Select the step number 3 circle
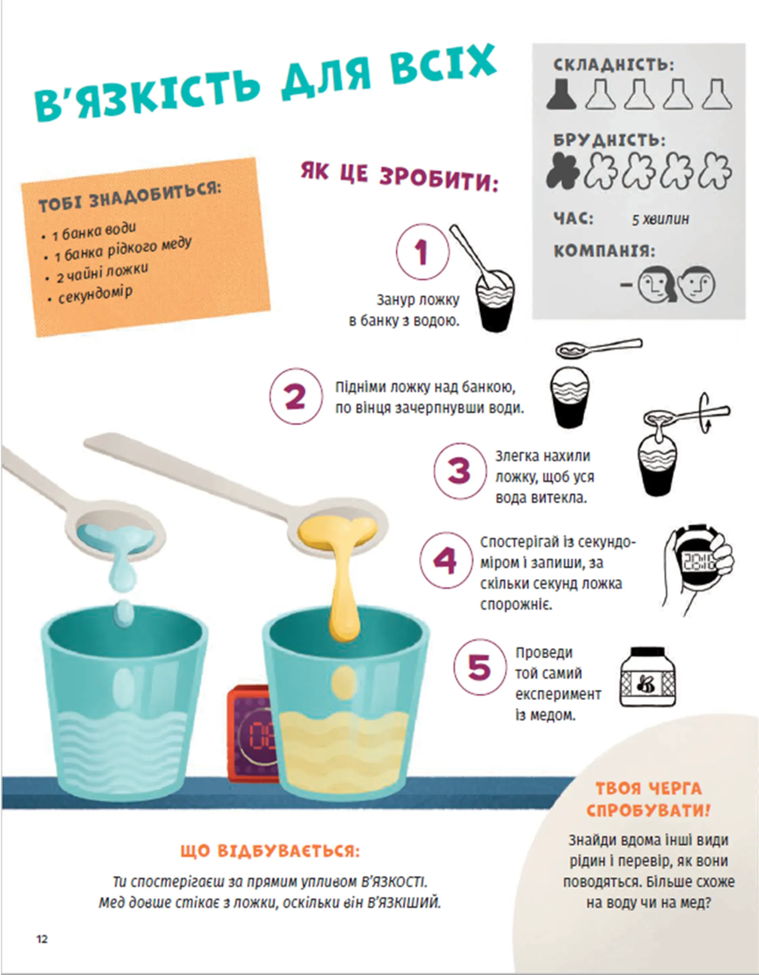tap(460, 471)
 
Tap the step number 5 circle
tap(480, 667)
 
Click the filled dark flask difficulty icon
tap(562, 94)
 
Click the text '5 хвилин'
tap(660, 219)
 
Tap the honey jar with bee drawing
tap(648, 677)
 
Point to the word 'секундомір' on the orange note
tap(95, 295)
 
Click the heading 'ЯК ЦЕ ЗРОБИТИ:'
tap(399, 176)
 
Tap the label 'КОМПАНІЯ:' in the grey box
tap(604, 251)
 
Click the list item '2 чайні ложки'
tap(102, 273)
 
